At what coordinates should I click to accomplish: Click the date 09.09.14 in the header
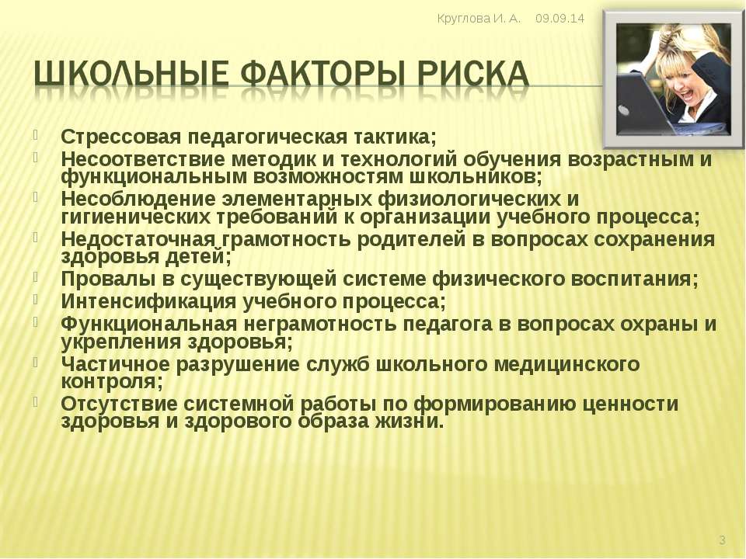559,19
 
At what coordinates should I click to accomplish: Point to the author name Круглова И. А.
479,19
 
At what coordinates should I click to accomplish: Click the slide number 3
722,540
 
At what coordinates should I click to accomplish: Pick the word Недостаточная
139,238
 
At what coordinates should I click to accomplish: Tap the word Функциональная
149,325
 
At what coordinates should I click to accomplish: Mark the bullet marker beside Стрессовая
36,134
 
